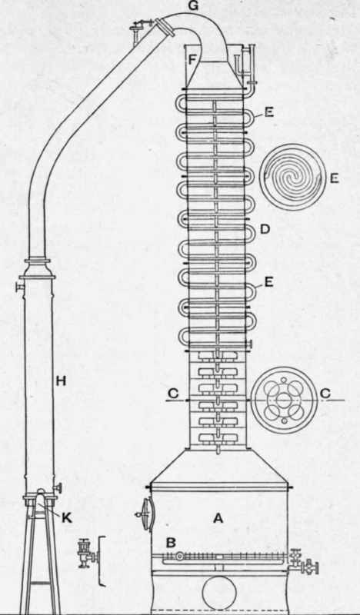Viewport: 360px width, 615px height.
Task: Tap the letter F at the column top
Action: point(192,61)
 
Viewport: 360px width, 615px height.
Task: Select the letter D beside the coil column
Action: point(265,229)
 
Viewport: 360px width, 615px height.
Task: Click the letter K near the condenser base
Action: point(67,517)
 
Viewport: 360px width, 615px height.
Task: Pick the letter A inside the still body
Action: point(218,518)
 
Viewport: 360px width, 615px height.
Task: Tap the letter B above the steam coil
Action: point(171,544)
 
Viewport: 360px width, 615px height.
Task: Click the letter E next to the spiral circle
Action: point(334,178)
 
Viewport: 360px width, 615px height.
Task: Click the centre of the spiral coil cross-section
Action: point(292,178)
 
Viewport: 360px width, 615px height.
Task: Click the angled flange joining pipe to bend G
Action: point(165,27)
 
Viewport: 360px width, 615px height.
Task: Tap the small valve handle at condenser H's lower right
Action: point(58,488)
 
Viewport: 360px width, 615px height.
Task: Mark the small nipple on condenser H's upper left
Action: point(20,288)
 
